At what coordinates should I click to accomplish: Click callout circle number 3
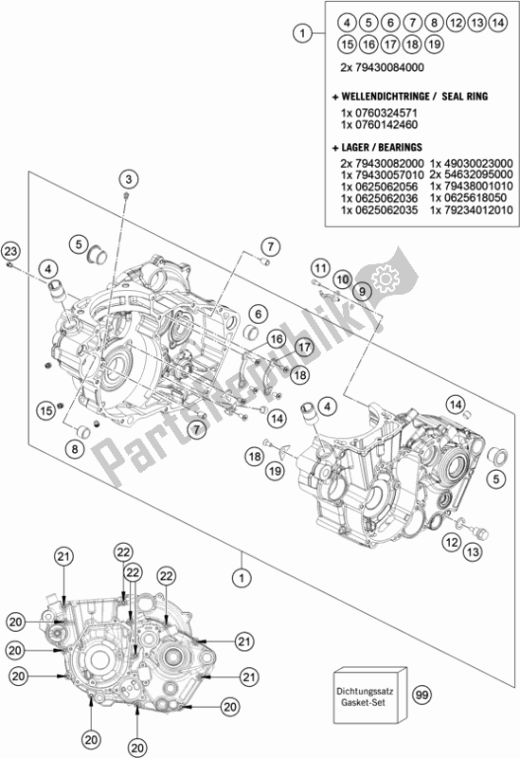[x=129, y=177]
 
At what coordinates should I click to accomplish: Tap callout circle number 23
[x=10, y=250]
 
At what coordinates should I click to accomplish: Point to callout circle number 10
[x=342, y=280]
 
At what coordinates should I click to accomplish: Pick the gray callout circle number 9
[x=362, y=295]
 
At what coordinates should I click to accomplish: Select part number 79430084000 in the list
[x=389, y=68]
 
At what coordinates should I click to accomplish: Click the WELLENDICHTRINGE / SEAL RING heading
[x=408, y=97]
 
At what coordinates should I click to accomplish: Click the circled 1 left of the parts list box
[x=301, y=34]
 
